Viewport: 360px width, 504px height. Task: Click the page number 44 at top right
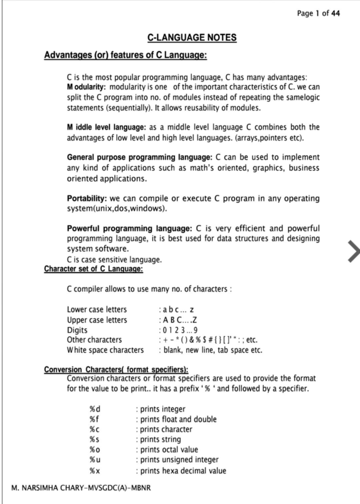tap(335, 13)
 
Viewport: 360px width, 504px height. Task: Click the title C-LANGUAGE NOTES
tap(192, 38)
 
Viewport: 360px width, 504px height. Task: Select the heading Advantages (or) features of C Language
tap(125, 55)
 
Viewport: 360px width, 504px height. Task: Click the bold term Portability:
tap(87, 198)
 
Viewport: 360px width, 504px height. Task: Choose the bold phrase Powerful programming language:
tap(129, 228)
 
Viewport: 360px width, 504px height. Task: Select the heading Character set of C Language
tap(94, 269)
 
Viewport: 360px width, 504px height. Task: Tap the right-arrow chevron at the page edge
tap(353, 251)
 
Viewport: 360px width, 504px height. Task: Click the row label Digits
tap(77, 330)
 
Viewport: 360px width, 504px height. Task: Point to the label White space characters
tap(105, 350)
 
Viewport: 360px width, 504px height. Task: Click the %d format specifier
tap(95, 409)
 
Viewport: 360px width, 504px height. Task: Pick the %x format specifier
tap(95, 471)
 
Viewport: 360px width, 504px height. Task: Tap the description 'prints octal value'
tap(169, 450)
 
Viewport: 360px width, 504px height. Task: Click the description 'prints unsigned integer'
tap(179, 460)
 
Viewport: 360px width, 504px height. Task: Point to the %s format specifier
tap(94, 440)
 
